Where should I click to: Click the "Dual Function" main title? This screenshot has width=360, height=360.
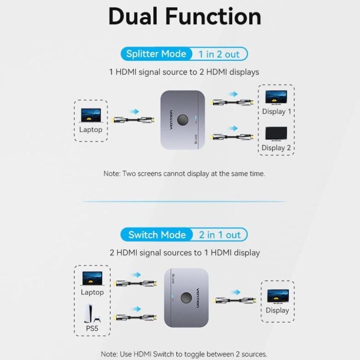184,16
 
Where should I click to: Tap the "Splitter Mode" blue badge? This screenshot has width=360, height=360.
156,54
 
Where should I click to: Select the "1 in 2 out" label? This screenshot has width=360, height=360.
219,54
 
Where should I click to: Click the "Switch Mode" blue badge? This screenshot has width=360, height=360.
157,235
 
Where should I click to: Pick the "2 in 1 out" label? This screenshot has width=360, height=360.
220,235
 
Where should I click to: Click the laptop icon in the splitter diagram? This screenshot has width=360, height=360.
91,115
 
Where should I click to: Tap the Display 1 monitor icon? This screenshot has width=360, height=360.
276,97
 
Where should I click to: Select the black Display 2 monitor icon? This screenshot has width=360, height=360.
276,134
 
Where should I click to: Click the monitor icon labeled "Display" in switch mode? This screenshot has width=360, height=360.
278,296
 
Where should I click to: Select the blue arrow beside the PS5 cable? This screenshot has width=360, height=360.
135,309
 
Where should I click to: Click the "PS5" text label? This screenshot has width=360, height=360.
92,328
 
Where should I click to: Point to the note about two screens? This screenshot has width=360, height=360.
184,173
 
